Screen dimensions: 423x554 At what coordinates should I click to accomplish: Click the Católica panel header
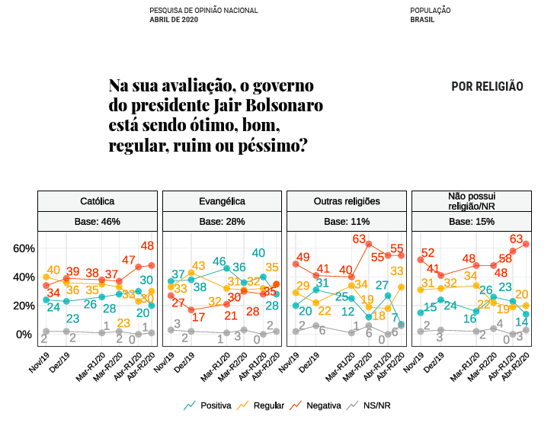pyautogui.click(x=98, y=201)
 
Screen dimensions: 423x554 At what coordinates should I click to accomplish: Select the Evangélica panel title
pyautogui.click(x=222, y=201)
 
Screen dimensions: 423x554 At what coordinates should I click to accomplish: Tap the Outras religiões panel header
pyautogui.click(x=347, y=201)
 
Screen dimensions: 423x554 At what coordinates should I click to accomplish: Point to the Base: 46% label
pyautogui.click(x=98, y=222)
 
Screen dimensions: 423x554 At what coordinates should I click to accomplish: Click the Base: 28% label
pyautogui.click(x=222, y=222)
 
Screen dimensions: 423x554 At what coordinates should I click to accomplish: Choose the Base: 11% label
pyautogui.click(x=347, y=222)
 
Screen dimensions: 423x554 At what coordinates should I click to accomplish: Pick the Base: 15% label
pyautogui.click(x=472, y=222)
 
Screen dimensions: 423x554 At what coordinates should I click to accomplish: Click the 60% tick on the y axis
pyautogui.click(x=24, y=248)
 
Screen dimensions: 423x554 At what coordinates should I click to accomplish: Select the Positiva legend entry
pyautogui.click(x=207, y=406)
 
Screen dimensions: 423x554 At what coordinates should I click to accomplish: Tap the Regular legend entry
pyautogui.click(x=261, y=406)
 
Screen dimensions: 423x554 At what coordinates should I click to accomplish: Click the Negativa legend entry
pyautogui.click(x=316, y=406)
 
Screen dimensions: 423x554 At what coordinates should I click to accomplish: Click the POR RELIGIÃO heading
pyautogui.click(x=487, y=87)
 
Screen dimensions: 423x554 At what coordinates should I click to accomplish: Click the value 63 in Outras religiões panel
pyautogui.click(x=360, y=239)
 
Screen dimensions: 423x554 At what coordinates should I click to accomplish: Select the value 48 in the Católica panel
pyautogui.click(x=148, y=245)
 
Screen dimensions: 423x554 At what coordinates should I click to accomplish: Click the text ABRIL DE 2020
pyautogui.click(x=174, y=19)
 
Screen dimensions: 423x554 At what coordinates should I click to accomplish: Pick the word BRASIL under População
pyautogui.click(x=422, y=19)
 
